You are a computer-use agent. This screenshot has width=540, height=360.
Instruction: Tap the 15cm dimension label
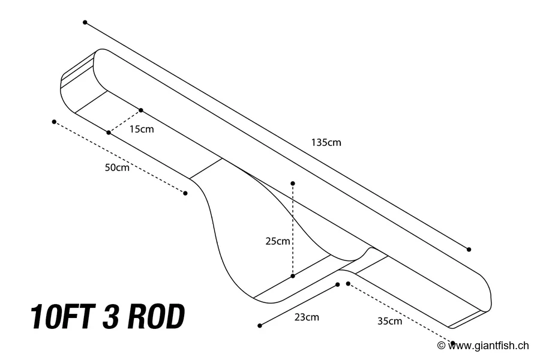(x=142, y=130)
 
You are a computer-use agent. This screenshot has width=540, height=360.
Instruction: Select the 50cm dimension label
(x=117, y=168)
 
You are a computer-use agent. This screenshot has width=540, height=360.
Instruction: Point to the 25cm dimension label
(x=278, y=241)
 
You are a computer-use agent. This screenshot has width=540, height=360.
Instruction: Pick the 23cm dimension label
(x=307, y=317)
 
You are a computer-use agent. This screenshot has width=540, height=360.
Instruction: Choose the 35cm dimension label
(x=389, y=321)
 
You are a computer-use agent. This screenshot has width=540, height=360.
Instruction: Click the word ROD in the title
(x=155, y=317)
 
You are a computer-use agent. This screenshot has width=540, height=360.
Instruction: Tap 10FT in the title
(x=62, y=317)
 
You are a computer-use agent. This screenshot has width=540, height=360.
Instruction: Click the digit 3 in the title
(x=110, y=317)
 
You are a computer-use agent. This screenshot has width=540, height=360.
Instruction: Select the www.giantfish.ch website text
(x=488, y=346)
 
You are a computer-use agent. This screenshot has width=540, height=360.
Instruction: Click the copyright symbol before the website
(x=441, y=346)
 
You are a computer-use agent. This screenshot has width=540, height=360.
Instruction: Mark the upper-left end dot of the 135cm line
(x=85, y=22)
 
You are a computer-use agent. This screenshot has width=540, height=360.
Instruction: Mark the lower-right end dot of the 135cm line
(x=469, y=249)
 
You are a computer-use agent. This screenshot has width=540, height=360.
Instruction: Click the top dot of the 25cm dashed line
(x=293, y=183)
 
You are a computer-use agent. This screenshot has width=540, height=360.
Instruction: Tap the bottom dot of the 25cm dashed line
(x=293, y=276)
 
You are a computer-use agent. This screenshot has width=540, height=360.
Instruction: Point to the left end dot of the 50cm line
(x=54, y=122)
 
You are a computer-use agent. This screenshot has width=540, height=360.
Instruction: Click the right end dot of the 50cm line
(x=185, y=193)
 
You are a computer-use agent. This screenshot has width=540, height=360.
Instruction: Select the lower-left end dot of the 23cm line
(x=260, y=326)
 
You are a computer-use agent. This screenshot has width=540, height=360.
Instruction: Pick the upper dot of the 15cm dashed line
(x=141, y=110)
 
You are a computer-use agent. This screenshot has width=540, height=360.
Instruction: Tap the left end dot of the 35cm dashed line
(x=348, y=283)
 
